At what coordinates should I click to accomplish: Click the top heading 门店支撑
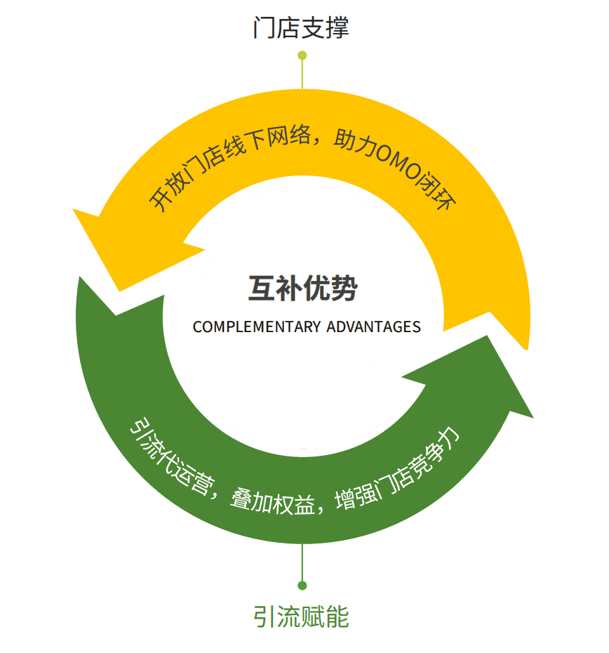pos(301,28)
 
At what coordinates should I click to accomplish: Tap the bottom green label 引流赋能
pos(302,616)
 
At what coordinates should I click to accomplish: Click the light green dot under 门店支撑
pos(302,55)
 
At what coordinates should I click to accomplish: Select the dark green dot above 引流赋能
pos(302,586)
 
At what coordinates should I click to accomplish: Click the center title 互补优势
pos(303,288)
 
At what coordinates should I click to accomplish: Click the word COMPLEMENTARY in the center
pos(257,327)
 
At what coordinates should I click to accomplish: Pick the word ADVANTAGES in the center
pos(374,327)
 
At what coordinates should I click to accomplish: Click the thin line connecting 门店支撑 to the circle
pos(302,74)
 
